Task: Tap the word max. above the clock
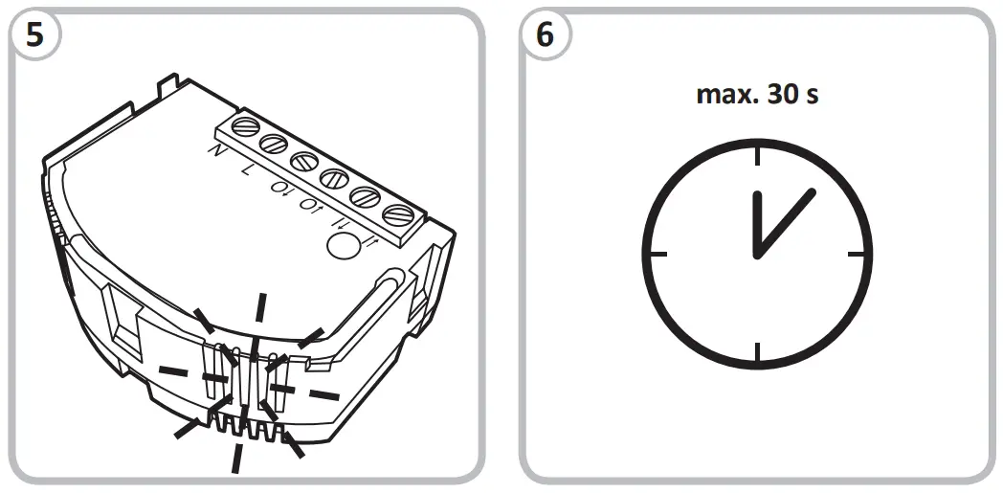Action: [725, 95]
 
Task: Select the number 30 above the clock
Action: [783, 95]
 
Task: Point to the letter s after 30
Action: [814, 97]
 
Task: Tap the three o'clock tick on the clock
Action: [858, 255]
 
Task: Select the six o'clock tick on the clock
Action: [757, 353]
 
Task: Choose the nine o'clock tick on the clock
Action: [658, 255]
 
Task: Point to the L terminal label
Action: [247, 169]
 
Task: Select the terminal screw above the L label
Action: [272, 144]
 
